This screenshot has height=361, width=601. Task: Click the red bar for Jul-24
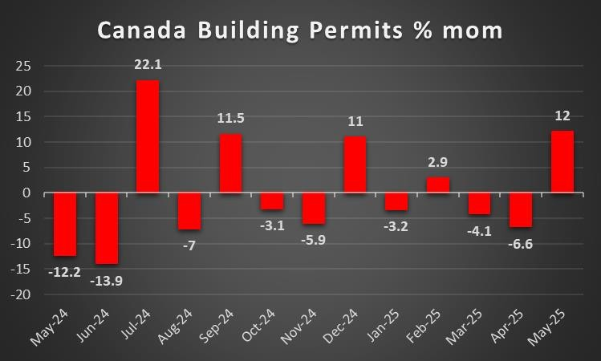pyautogui.click(x=148, y=136)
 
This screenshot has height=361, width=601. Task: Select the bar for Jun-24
pyautogui.click(x=107, y=228)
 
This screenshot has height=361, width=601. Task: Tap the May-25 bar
pyautogui.click(x=562, y=162)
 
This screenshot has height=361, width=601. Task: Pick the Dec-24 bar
pyautogui.click(x=355, y=164)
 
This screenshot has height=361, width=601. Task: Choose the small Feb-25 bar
pyautogui.click(x=438, y=185)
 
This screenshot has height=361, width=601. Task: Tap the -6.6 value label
pyautogui.click(x=522, y=240)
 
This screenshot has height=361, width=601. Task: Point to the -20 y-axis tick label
pyautogui.click(x=22, y=294)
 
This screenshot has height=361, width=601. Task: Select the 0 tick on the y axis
pyautogui.click(x=27, y=193)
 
